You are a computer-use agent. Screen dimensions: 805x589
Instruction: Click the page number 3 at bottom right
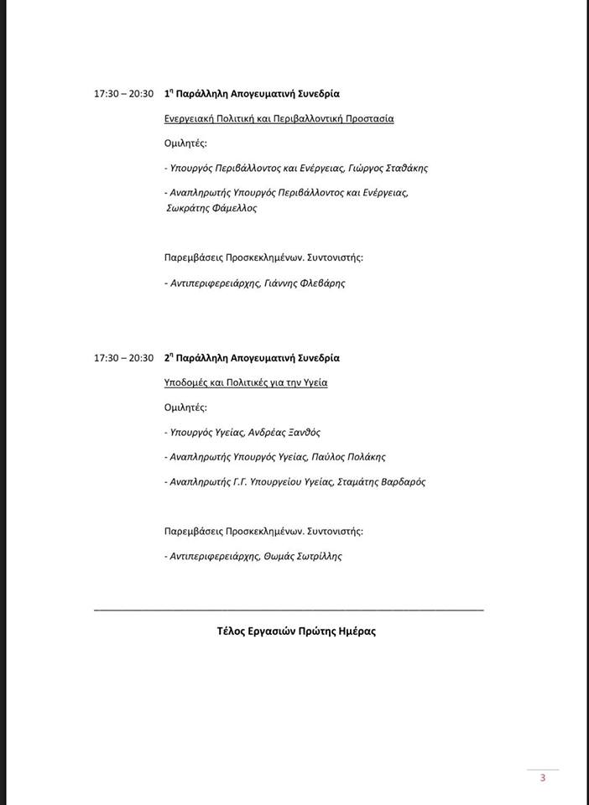coord(543,777)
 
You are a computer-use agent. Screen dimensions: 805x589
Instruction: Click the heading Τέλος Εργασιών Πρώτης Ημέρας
coord(296,631)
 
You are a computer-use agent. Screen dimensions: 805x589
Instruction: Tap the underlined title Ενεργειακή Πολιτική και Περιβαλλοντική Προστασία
coord(279,118)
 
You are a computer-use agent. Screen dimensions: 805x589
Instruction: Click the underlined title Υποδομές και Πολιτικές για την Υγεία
coord(246,383)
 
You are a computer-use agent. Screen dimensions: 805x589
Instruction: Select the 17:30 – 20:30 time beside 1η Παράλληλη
coord(124,94)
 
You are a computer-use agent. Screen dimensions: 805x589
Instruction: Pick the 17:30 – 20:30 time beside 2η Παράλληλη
coord(124,358)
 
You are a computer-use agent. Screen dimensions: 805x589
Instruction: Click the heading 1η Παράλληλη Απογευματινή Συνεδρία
coord(252,94)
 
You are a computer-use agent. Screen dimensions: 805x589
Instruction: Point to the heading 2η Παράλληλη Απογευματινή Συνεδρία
coord(252,358)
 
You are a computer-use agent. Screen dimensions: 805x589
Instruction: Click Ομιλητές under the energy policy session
coord(185,143)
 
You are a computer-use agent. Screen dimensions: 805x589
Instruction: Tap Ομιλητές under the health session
coord(185,408)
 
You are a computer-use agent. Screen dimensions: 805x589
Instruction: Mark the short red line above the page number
coord(543,769)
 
